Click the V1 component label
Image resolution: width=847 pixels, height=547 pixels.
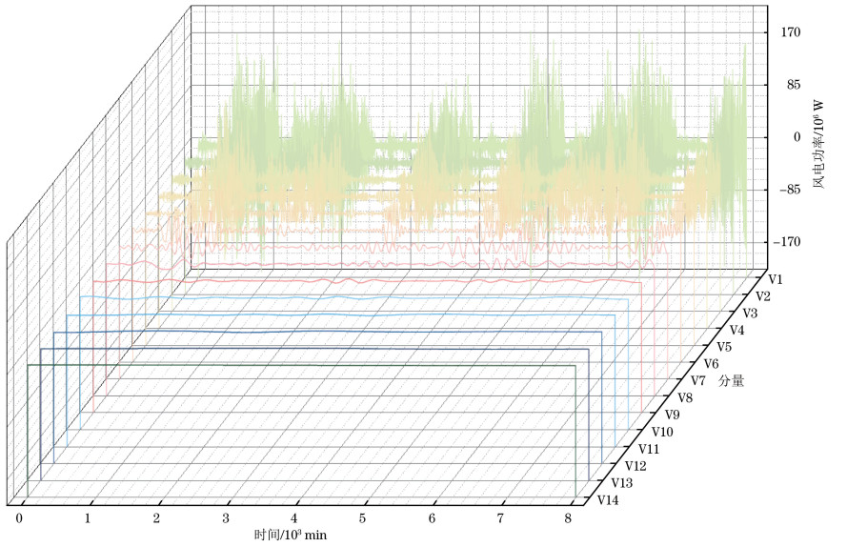[x=776, y=279]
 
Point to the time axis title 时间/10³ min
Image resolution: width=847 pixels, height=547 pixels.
[x=291, y=536]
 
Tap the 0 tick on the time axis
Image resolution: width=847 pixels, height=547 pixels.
[x=19, y=518]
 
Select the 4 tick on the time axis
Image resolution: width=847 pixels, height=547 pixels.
[x=295, y=518]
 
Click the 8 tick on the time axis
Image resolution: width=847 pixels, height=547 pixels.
[x=568, y=518]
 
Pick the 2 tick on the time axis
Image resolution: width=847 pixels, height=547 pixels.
[x=157, y=518]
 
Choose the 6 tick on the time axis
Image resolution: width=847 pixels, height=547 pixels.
[x=432, y=518]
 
